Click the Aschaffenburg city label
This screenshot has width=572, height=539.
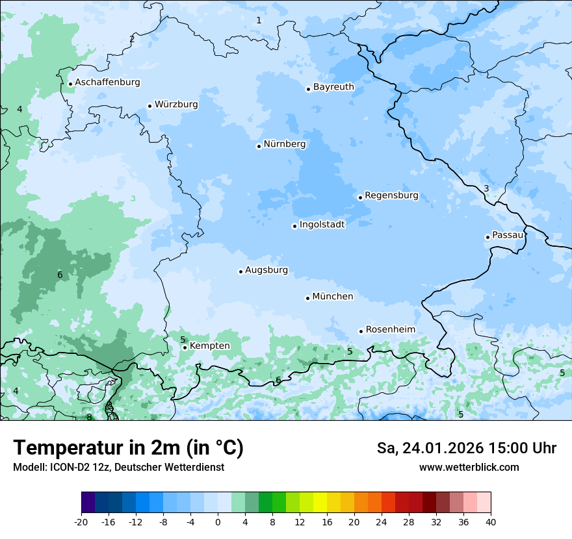point(107,82)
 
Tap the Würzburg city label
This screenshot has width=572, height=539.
point(176,105)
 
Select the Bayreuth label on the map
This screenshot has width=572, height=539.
point(333,87)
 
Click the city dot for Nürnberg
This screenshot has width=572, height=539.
point(259,146)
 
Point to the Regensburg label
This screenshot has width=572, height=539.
point(391,195)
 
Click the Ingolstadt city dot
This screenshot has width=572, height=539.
point(294,226)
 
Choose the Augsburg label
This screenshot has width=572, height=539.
point(266,270)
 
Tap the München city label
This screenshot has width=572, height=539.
point(332,297)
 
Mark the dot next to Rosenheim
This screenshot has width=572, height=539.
point(361,331)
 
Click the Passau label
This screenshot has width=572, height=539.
point(507,235)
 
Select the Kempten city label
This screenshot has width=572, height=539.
point(209,346)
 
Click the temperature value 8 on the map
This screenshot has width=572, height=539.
point(89,417)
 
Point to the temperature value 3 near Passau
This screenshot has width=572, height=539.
point(486,189)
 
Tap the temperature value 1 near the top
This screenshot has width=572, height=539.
point(259,20)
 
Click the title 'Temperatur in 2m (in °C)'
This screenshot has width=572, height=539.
point(128,448)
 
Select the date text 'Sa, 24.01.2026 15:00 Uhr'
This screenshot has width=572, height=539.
point(466,448)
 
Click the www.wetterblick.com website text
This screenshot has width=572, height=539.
point(469,468)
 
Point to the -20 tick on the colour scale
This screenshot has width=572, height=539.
point(81,521)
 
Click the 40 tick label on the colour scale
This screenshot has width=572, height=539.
point(490,521)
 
